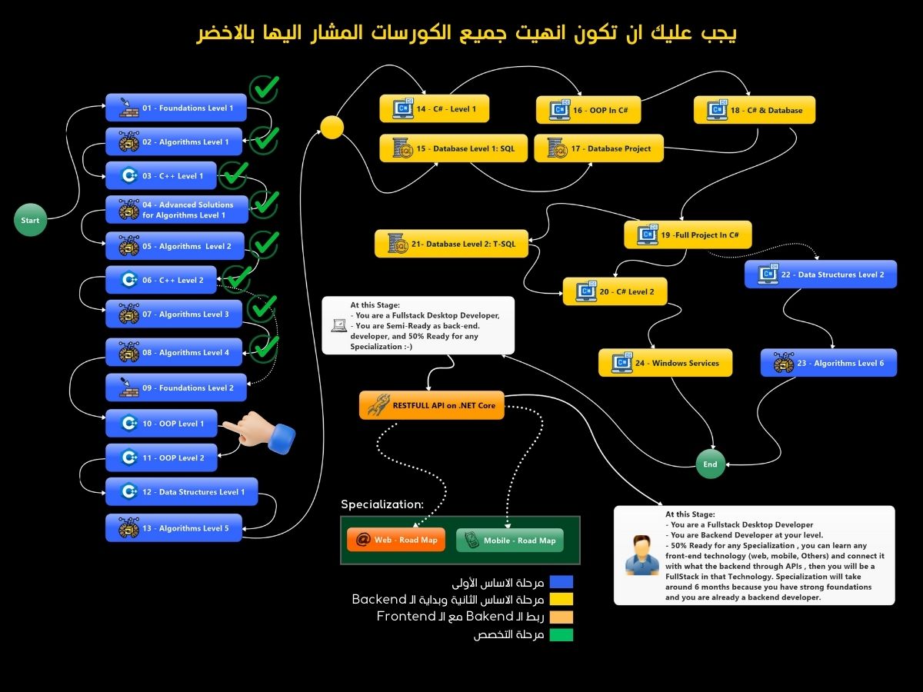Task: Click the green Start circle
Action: (x=30, y=220)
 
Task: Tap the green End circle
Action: (x=710, y=464)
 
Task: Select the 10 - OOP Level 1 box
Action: (x=162, y=423)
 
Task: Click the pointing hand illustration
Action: (x=259, y=432)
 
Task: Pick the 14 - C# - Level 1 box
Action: (x=435, y=109)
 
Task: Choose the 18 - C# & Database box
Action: (x=755, y=110)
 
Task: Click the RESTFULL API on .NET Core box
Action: (x=432, y=405)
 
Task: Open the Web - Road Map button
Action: (x=396, y=540)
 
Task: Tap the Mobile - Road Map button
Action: (x=510, y=541)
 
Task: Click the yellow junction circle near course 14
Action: (x=332, y=128)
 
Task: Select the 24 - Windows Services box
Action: (x=665, y=363)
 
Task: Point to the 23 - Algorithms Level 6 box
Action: (x=828, y=363)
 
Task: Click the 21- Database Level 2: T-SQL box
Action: (x=452, y=244)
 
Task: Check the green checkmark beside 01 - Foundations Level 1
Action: (x=265, y=88)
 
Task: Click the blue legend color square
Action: (x=561, y=582)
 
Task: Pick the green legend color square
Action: (x=561, y=634)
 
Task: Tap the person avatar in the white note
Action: (x=642, y=555)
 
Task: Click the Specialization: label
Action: (x=382, y=504)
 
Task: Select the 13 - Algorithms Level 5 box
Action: (x=174, y=527)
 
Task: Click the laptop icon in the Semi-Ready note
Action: (x=339, y=325)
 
